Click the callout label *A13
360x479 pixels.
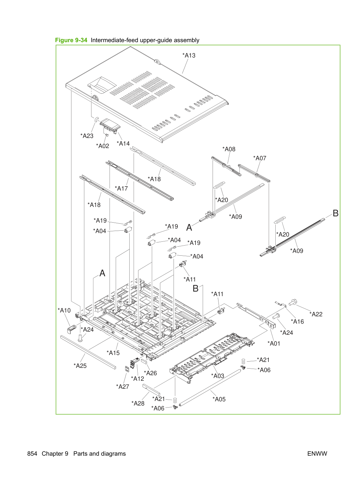(189, 55)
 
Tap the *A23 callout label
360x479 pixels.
(87, 136)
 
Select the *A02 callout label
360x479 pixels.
(102, 146)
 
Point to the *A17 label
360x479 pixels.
(121, 188)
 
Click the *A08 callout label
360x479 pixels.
(229, 149)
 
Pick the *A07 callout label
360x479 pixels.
(260, 158)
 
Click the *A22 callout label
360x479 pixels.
(316, 314)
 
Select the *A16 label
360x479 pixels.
(297, 322)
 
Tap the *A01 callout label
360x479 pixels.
(274, 343)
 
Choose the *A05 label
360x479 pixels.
(219, 399)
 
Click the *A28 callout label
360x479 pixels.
(138, 403)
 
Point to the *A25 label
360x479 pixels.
(80, 366)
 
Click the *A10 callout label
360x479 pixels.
(64, 310)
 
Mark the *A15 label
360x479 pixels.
(113, 353)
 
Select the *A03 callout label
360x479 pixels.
(218, 376)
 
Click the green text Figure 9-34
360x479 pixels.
(71, 40)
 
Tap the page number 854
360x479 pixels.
(32, 454)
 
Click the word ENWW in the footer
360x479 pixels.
(317, 454)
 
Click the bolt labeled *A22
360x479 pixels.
(292, 302)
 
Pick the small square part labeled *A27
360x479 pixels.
(127, 369)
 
